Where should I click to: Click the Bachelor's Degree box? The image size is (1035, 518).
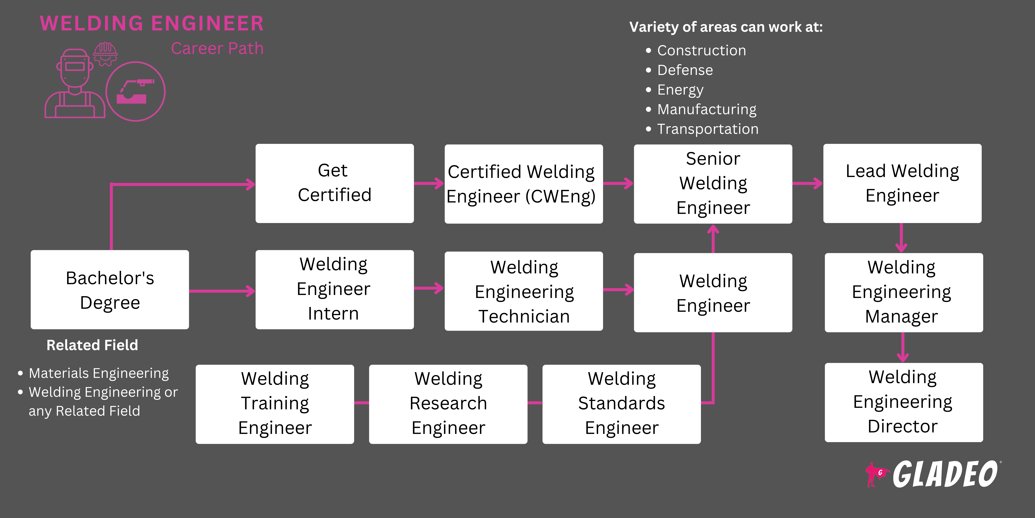click(110, 290)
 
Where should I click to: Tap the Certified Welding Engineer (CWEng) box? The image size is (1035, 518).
click(523, 184)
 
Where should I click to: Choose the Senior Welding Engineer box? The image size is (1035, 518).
click(713, 184)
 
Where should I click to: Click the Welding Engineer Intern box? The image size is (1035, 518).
click(334, 290)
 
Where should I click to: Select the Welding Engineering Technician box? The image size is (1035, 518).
click(523, 291)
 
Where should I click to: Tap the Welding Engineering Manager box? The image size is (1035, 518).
click(904, 292)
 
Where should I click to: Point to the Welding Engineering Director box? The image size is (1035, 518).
click(904, 402)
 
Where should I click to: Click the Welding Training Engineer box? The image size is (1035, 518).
click(275, 404)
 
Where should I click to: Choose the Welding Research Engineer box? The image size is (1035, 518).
click(448, 404)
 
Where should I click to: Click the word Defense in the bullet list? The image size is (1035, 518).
click(685, 70)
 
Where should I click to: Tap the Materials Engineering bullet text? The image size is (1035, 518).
click(98, 373)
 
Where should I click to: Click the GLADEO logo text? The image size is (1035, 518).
click(944, 475)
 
